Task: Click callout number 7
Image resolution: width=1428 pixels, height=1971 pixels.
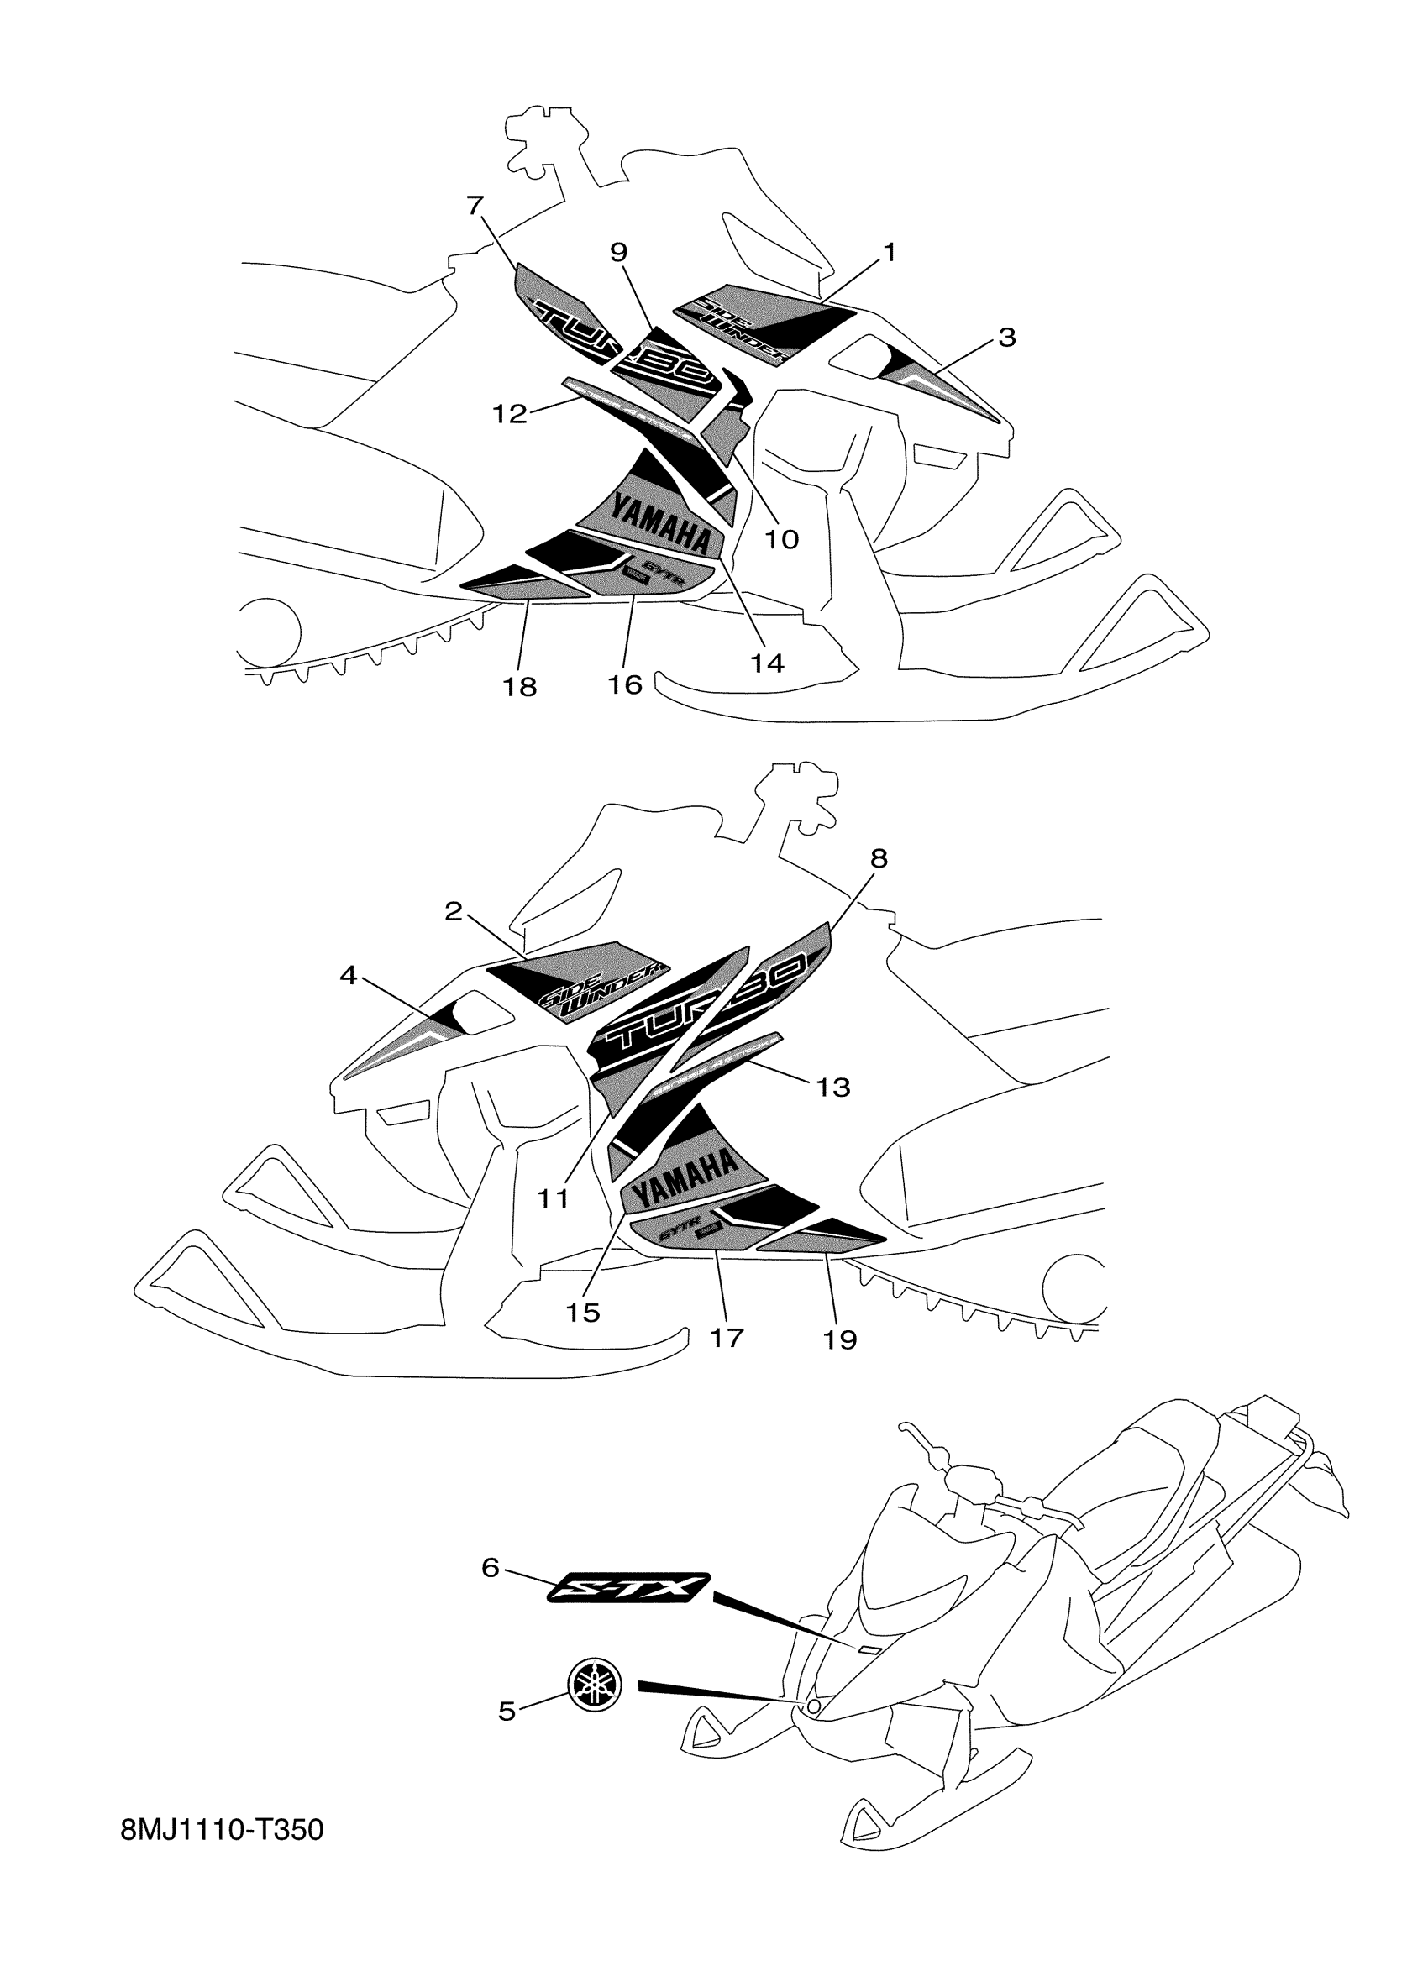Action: pos(475,206)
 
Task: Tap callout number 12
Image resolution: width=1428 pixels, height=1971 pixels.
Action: pos(510,415)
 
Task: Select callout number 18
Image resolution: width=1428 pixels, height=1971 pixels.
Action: pos(520,687)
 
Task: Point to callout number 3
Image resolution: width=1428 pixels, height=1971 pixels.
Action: pos(1006,338)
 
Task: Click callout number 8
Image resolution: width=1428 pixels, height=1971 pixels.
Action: pos(879,858)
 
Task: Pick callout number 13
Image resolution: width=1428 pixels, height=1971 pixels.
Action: pos(833,1087)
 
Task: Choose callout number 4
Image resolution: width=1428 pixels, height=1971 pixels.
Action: pos(349,976)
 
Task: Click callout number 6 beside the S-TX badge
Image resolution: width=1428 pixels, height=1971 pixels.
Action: pos(491,1568)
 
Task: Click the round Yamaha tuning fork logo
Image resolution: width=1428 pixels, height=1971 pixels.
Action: pos(596,1680)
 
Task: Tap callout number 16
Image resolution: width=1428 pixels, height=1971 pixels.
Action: pos(625,684)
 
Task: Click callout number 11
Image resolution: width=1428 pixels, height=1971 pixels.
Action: pos(553,1199)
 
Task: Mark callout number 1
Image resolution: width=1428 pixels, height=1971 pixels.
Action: pos(888,253)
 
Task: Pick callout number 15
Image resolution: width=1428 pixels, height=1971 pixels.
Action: pos(582,1313)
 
